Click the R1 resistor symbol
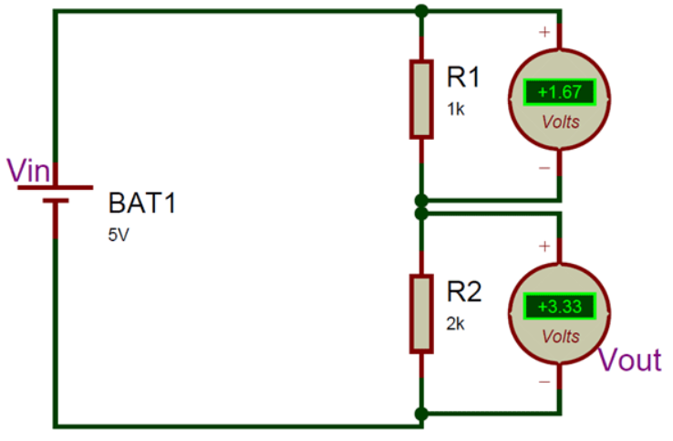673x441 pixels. point(420,99)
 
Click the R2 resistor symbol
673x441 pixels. point(420,313)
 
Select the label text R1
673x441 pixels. point(462,78)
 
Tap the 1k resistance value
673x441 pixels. point(455,109)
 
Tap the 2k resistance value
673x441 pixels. point(456,323)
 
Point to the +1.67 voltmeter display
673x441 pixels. point(559,92)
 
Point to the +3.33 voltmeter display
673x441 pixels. point(559,306)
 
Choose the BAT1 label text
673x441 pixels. point(142,203)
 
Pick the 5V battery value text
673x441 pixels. point(119,234)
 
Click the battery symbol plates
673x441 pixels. point(57,193)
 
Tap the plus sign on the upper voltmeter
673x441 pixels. point(544,33)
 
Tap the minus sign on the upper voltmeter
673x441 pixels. point(544,168)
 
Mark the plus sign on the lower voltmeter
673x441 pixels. point(544,247)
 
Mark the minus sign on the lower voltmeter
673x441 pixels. point(544,382)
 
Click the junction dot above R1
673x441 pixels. point(420,11)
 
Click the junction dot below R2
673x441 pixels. point(420,414)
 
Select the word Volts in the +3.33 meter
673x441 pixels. point(560,336)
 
